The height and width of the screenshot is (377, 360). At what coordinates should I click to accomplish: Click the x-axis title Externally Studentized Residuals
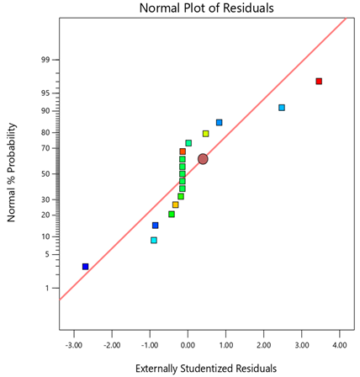[x=205, y=368]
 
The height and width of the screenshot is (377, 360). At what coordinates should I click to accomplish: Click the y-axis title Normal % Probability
[x=12, y=172]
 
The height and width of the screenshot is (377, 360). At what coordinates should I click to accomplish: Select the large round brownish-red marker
[x=203, y=159]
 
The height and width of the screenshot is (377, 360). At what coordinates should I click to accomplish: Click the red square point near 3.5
[x=319, y=82]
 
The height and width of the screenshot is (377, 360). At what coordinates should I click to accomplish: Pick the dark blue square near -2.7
[x=85, y=267]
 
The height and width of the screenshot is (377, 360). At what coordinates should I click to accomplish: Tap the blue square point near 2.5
[x=282, y=108]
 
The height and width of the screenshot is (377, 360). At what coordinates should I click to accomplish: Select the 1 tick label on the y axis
[x=46, y=289]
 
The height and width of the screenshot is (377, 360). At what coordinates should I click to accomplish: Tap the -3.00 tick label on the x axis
[x=73, y=344]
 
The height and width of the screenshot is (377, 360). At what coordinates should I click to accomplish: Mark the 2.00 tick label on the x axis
[x=263, y=344]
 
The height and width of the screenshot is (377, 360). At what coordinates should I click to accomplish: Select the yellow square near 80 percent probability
[x=205, y=134]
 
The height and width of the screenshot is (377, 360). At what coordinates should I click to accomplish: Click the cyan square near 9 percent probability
[x=154, y=241]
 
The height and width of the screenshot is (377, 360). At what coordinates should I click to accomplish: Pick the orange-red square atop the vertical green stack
[x=183, y=151]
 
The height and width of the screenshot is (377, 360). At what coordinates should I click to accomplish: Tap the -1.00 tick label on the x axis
[x=149, y=344]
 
